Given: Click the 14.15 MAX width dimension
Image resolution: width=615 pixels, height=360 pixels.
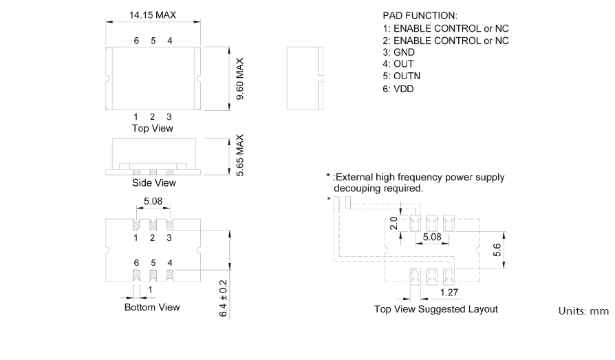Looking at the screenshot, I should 152,14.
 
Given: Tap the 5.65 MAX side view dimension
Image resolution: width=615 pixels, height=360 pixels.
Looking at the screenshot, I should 240,156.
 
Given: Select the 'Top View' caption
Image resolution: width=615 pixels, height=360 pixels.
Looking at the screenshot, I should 152,129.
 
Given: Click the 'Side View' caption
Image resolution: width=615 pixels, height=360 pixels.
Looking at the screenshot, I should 153,183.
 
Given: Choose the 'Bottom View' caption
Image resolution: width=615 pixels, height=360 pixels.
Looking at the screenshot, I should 152,307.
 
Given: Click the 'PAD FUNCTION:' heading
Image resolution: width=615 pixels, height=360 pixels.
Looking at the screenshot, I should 420,15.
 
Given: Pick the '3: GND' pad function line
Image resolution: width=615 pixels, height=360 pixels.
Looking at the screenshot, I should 399,52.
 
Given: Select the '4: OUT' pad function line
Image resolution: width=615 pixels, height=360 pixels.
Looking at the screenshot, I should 398,65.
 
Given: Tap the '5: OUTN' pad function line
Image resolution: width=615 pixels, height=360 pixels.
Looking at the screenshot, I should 402,76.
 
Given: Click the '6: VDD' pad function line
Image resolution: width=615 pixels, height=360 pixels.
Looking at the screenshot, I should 398,89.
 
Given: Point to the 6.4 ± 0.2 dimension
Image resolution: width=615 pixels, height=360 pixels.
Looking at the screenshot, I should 223,298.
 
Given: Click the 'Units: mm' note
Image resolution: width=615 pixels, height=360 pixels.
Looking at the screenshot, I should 583,311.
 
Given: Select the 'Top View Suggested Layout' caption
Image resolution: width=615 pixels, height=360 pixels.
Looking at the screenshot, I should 435,309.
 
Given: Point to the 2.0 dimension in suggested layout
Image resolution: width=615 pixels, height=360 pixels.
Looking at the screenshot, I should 394,224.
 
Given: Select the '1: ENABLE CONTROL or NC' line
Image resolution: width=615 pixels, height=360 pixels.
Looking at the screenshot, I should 446,28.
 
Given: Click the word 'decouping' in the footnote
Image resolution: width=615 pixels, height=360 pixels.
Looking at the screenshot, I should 356,188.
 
